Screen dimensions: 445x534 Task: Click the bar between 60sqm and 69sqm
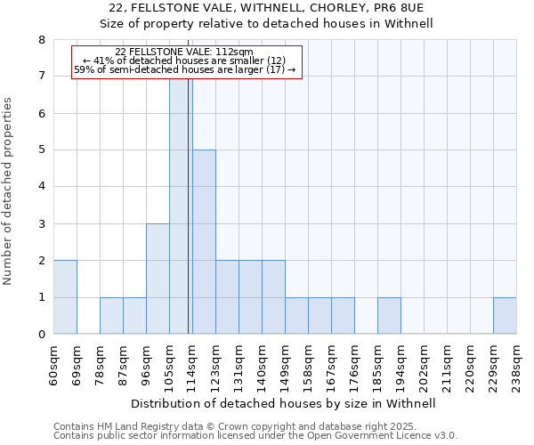click(x=65, y=297)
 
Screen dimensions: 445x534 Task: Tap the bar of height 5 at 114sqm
click(x=204, y=242)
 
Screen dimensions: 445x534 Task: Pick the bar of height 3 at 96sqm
click(x=158, y=279)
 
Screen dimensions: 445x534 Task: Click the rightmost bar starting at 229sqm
click(x=505, y=316)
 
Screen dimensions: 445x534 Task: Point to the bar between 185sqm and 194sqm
click(x=389, y=316)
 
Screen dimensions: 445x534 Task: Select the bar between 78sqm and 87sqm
click(x=111, y=316)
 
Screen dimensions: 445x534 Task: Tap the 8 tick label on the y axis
click(x=41, y=40)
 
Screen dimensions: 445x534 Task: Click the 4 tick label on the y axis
click(x=41, y=187)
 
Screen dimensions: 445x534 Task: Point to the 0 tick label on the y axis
click(x=41, y=335)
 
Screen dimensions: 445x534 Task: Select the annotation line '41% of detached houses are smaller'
click(x=184, y=61)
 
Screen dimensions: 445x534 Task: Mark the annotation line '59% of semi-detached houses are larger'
click(x=184, y=69)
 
